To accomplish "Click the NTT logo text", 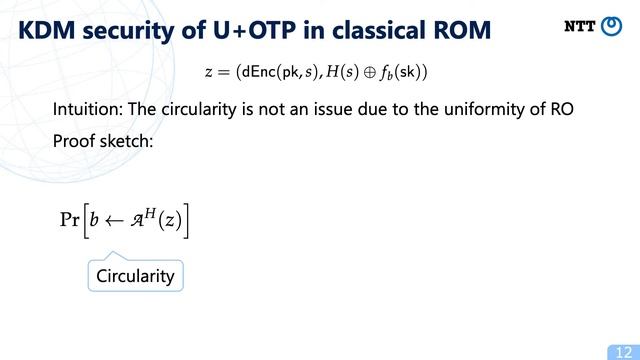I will (580, 27).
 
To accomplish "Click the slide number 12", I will (619, 350).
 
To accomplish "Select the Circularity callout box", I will (135, 275).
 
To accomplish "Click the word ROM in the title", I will (459, 30).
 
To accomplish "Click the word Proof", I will (76, 141).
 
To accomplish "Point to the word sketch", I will (128, 141).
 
